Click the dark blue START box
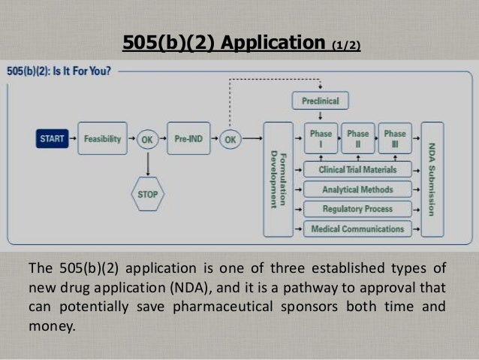52,139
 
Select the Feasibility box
102,139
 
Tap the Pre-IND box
188,139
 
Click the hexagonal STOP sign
148,193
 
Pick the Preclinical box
321,101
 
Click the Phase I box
321,138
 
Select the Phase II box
358,138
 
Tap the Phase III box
395,138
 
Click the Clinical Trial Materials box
358,170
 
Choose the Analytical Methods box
358,189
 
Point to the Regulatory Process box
358,209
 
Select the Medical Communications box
358,228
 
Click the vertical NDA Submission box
432,179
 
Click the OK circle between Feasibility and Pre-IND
147,139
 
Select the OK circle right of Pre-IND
230,139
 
